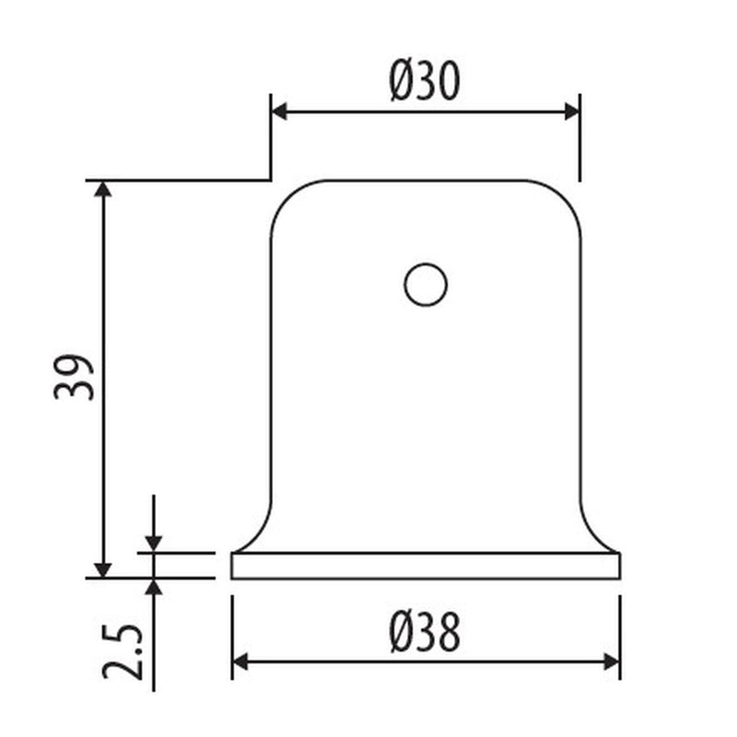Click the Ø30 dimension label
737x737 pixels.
pos(425,81)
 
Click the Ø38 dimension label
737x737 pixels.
pos(425,632)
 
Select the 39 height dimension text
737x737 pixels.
pos(74,377)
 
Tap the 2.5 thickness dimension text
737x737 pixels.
pos(123,651)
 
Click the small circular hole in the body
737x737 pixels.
pos(426,285)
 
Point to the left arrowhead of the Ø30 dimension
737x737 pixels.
pos(279,112)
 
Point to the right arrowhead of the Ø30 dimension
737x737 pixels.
pos(571,112)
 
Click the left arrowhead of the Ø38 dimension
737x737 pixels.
pos(240,661)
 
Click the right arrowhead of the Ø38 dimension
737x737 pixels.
pos(612,661)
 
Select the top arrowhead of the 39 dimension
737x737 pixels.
pos(103,189)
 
